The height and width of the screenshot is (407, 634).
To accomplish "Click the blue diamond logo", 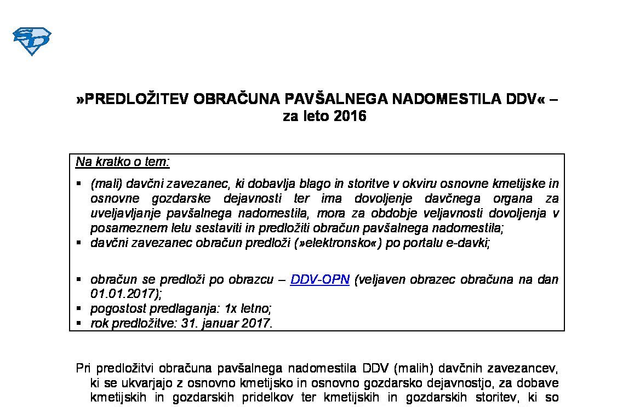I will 32,41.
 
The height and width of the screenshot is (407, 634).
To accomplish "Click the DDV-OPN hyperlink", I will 319,279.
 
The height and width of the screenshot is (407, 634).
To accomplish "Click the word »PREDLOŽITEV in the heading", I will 131,99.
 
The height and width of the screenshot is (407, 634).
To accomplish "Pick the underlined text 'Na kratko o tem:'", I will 123,162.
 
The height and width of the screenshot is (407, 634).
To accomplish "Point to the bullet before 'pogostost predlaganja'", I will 79,308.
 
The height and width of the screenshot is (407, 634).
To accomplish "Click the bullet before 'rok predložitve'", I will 79,323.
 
